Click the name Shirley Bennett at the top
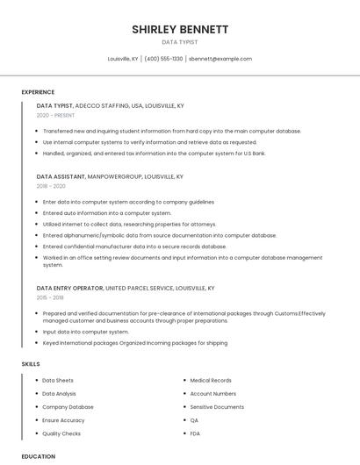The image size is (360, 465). (180, 29)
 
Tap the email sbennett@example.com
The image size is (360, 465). (220, 59)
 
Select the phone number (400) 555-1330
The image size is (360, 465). (163, 59)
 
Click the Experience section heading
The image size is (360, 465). (38, 92)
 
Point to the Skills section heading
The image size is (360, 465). (31, 363)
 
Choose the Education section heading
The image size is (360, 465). (39, 456)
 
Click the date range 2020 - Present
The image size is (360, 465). (55, 115)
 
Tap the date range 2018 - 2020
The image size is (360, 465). (51, 186)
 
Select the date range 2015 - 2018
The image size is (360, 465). (50, 297)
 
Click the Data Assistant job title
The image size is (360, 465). (61, 176)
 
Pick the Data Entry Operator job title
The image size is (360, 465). (69, 288)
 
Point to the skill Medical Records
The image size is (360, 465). (211, 381)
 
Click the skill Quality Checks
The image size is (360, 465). (61, 433)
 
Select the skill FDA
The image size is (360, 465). (196, 433)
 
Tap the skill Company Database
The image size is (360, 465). (68, 407)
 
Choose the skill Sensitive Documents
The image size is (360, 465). (217, 407)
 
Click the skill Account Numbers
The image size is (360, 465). (212, 394)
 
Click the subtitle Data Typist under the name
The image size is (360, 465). (180, 42)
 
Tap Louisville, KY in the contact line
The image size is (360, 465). (123, 59)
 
